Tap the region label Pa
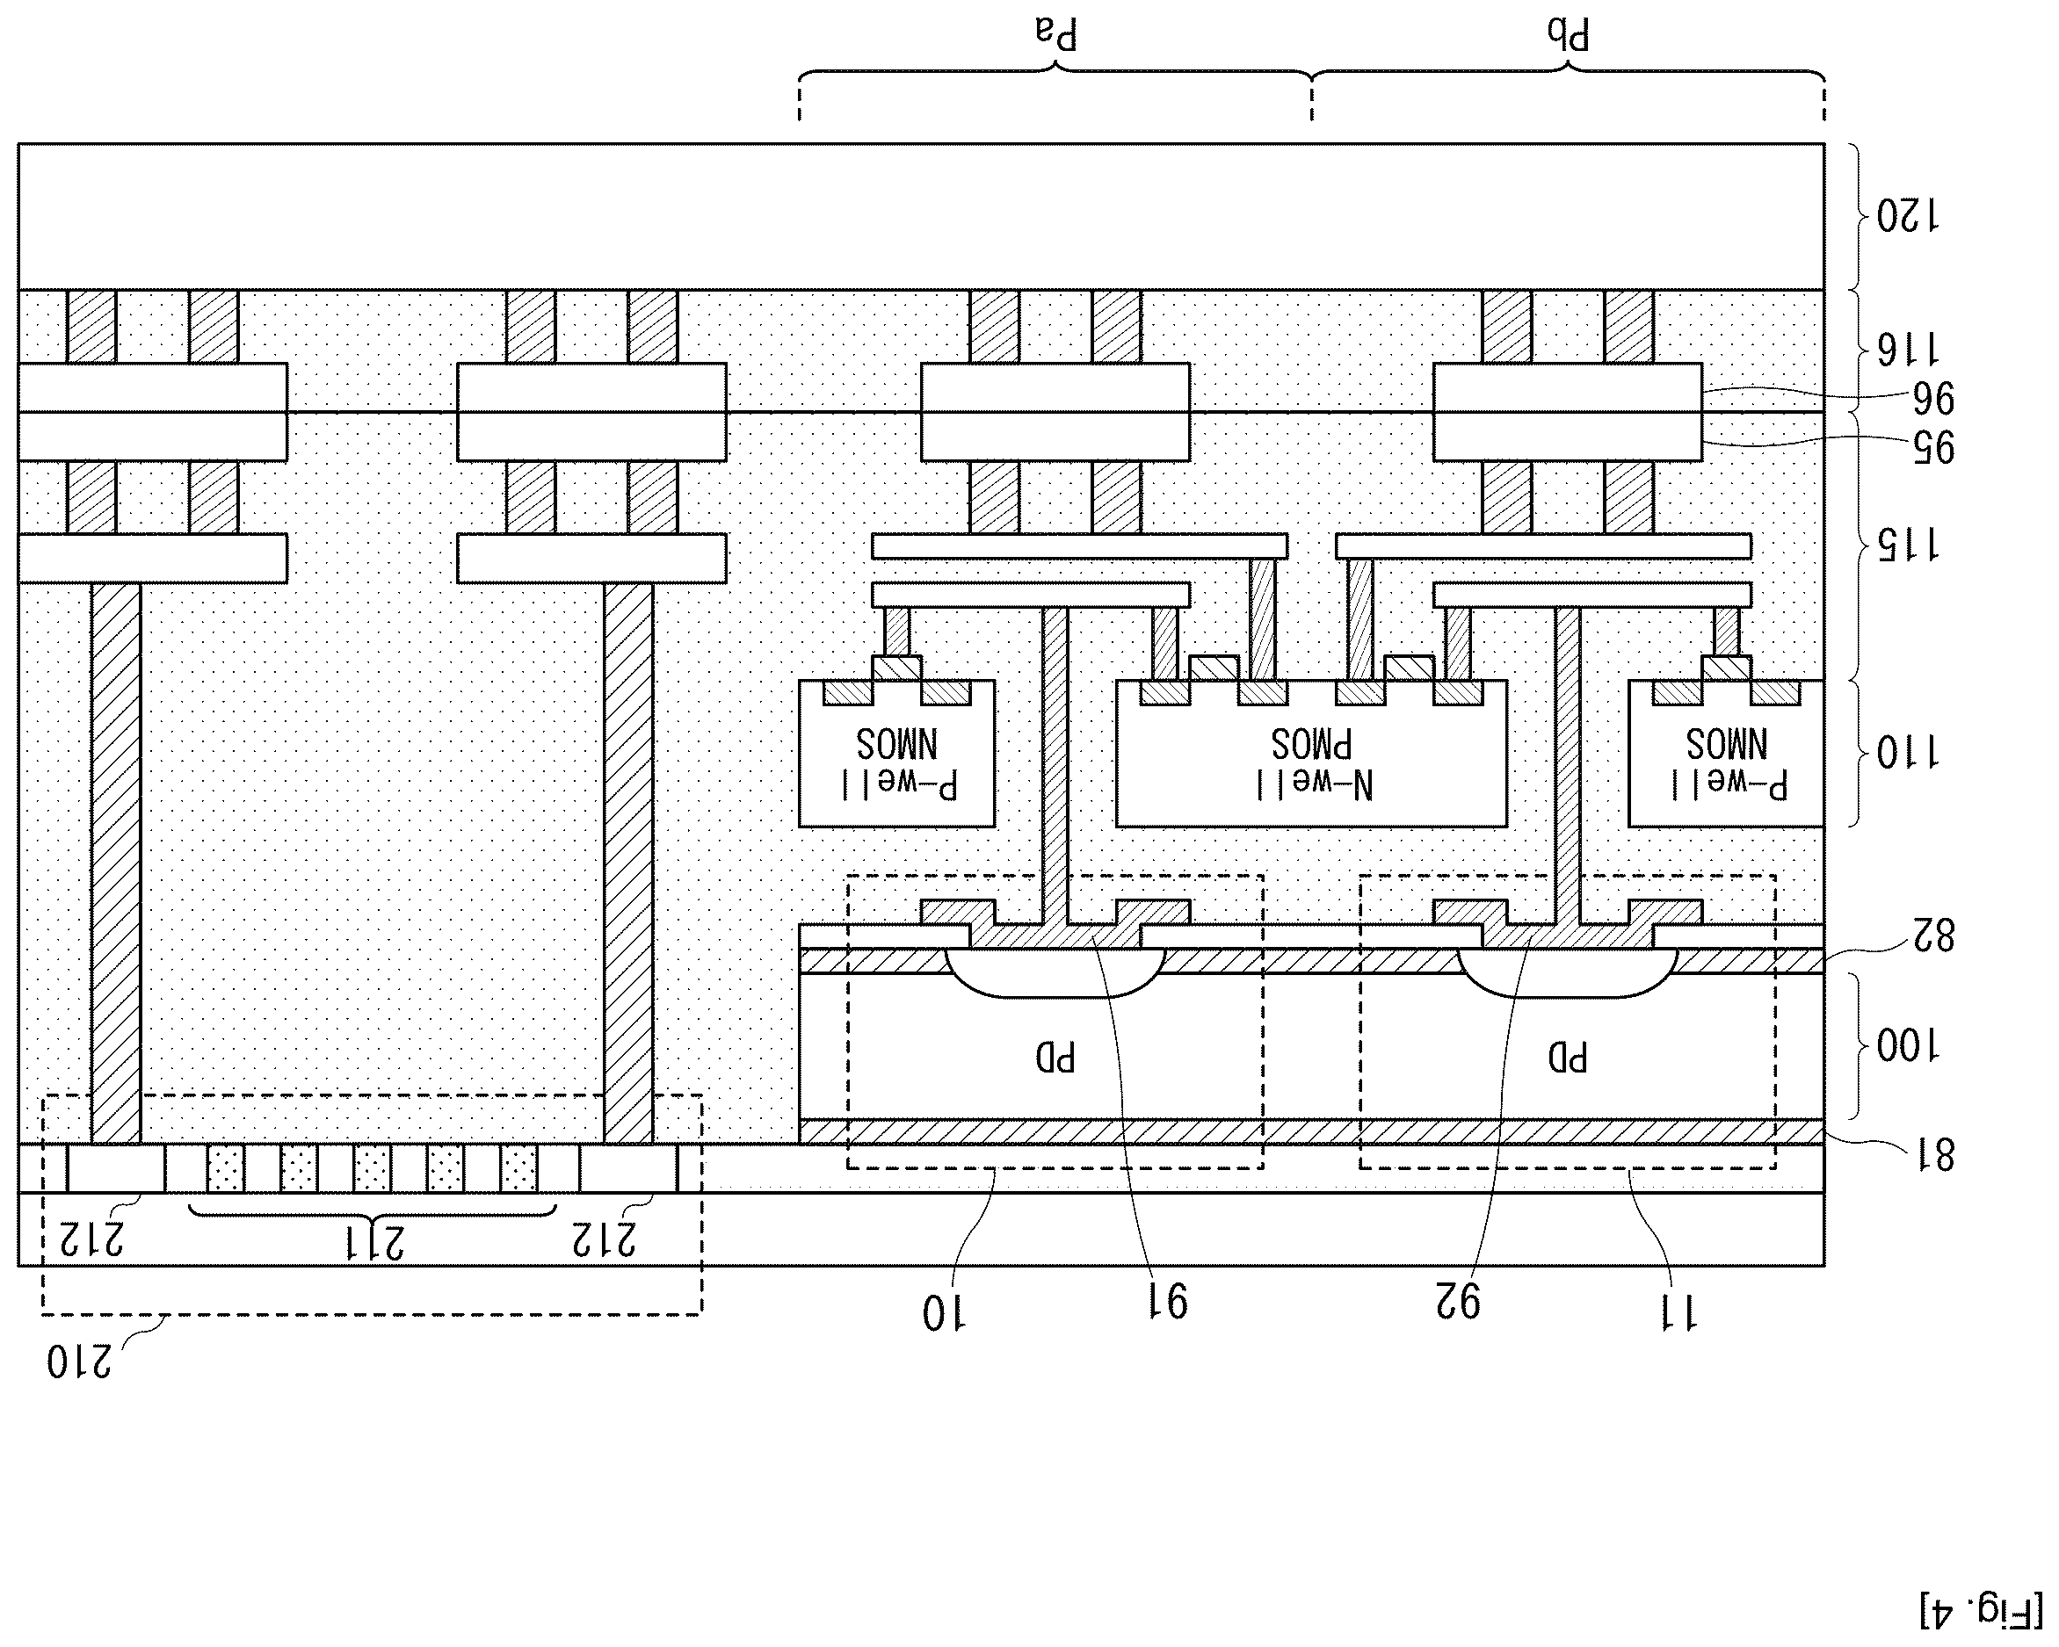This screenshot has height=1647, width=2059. (x=1056, y=34)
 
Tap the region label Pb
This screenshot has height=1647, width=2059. (x=1568, y=34)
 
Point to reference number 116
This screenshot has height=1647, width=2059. (x=1907, y=350)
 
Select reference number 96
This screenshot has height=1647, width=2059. (x=1931, y=398)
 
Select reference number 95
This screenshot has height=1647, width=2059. (x=1931, y=447)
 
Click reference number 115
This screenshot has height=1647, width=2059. (x=1907, y=545)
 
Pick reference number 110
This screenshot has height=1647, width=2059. (x=1907, y=755)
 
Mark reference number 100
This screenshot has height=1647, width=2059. (x=1907, y=1047)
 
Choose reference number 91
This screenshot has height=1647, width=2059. (x=1166, y=1302)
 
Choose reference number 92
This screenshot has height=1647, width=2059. (x=1457, y=1302)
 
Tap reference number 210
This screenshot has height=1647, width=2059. (x=79, y=1362)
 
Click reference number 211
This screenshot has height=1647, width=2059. (x=373, y=1242)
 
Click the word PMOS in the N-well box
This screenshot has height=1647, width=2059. (x=1311, y=744)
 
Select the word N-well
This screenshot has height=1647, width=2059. (x=1313, y=784)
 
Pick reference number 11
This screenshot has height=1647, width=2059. (x=1678, y=1314)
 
